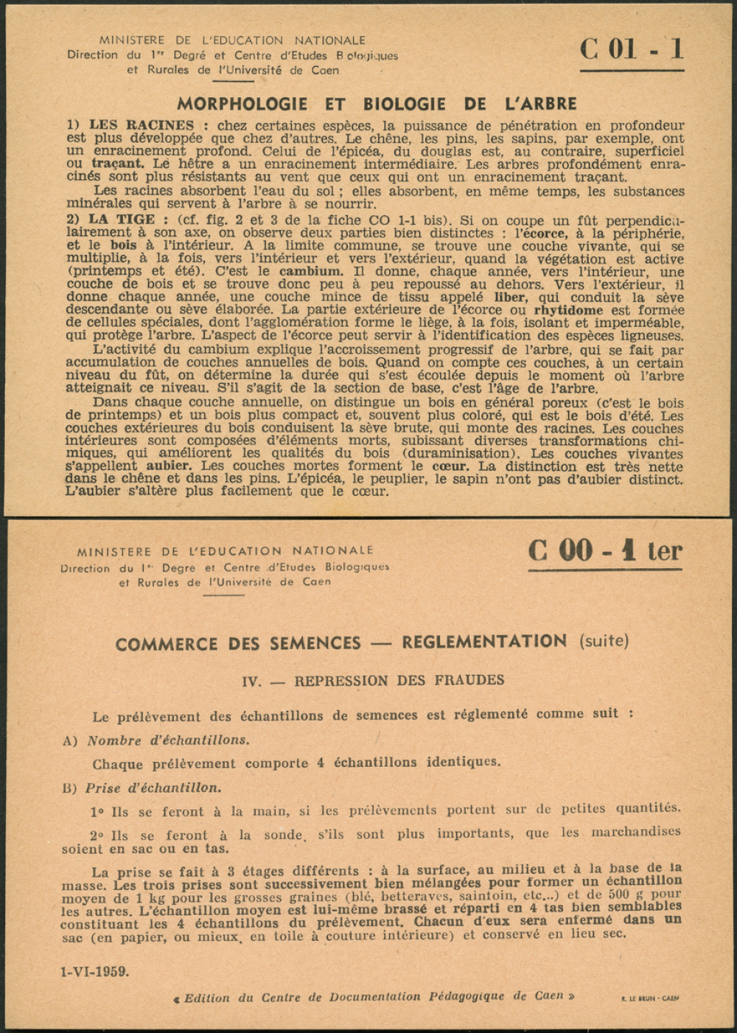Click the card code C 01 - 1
(632, 49)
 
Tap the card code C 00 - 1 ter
(604, 551)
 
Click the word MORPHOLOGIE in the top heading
(245, 104)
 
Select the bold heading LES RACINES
(142, 125)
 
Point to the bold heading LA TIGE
(122, 220)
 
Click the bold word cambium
(311, 271)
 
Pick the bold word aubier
(168, 466)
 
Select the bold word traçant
(118, 164)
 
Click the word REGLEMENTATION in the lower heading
(484, 642)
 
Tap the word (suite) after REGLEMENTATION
(604, 641)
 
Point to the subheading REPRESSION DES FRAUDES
(399, 681)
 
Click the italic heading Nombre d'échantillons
(168, 740)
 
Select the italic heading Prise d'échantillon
(153, 788)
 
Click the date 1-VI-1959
(94, 971)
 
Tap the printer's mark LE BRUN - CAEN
(650, 998)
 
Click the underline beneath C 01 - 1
(632, 71)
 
